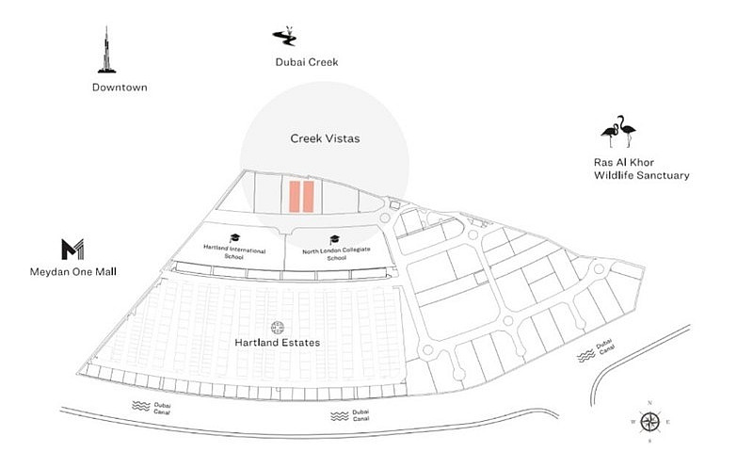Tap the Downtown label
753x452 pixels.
(120, 88)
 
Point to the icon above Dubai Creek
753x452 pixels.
(284, 37)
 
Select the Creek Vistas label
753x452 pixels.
(325, 138)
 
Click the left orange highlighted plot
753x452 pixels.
(295, 196)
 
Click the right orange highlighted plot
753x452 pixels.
(309, 196)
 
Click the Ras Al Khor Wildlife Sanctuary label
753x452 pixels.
(641, 168)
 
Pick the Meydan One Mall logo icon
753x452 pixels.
(72, 250)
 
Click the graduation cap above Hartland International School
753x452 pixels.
(234, 239)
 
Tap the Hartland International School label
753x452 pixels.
(234, 253)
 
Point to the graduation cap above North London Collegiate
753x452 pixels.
(334, 239)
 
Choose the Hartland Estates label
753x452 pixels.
(278, 343)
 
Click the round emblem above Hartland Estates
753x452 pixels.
(278, 327)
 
